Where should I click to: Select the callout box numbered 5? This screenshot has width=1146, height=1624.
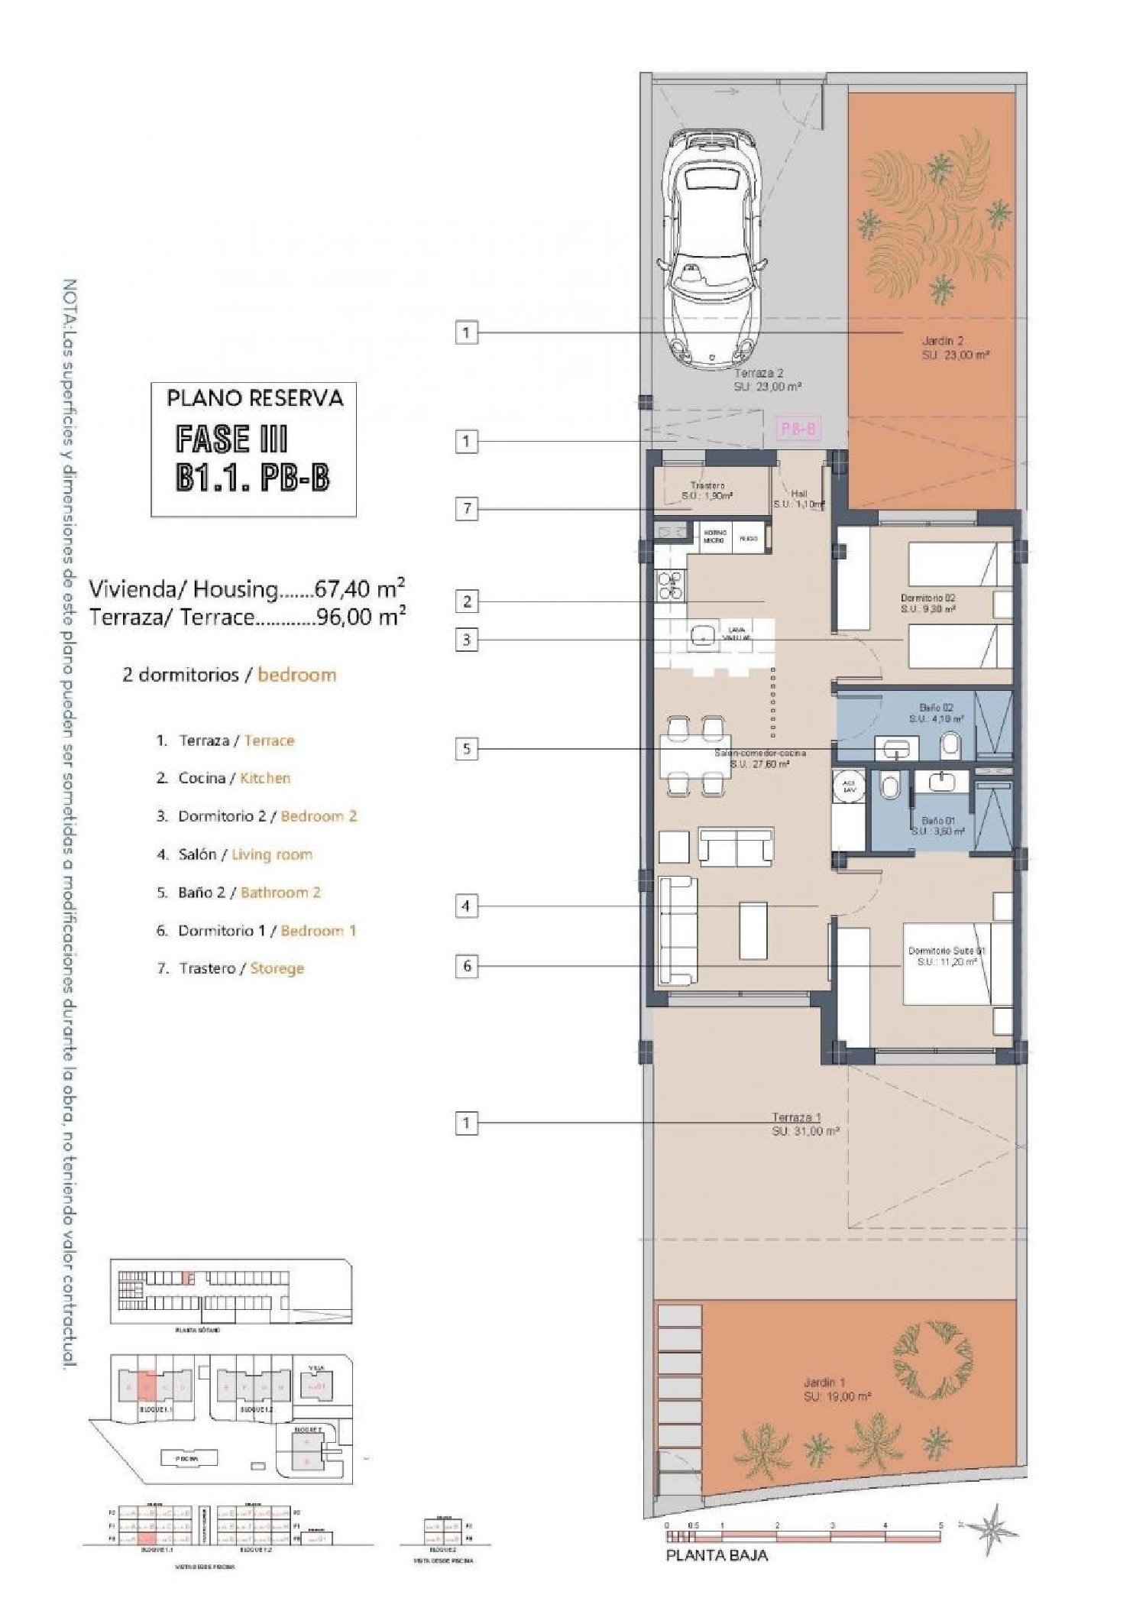coord(467,748)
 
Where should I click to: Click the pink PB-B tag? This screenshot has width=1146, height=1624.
coord(798,429)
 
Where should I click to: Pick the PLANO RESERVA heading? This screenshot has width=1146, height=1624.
coord(254,398)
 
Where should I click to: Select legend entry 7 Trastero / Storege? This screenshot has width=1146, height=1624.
coord(241,968)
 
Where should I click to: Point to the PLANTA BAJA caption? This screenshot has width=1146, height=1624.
coord(716,1555)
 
